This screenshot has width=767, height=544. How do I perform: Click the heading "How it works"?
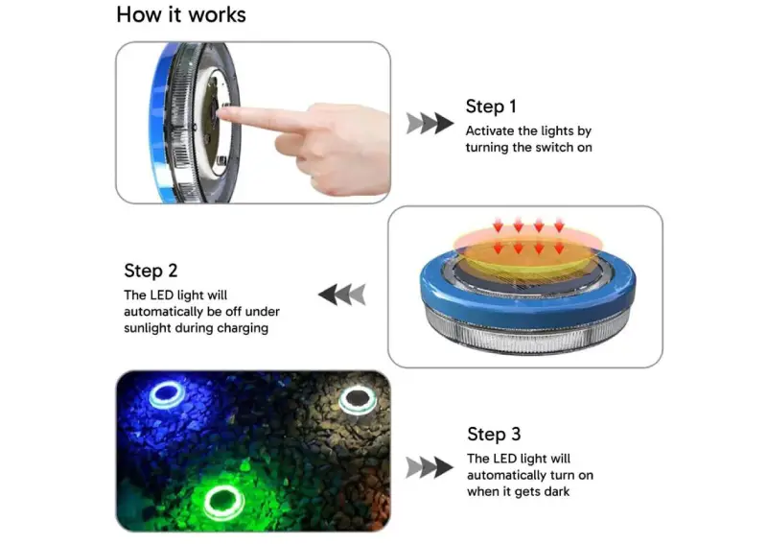pyautogui.click(x=181, y=14)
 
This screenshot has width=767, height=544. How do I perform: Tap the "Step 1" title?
pyautogui.click(x=491, y=106)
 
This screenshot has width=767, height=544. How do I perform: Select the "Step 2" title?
pyautogui.click(x=151, y=271)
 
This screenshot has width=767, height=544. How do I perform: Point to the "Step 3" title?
pyautogui.click(x=494, y=434)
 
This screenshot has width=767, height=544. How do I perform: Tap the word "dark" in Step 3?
pyautogui.click(x=556, y=491)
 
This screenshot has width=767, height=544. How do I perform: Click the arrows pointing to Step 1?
pyautogui.click(x=430, y=123)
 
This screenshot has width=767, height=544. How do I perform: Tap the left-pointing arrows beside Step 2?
pyautogui.click(x=342, y=295)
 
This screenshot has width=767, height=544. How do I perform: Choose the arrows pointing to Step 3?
pyautogui.click(x=430, y=467)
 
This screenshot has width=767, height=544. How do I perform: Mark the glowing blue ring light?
pyautogui.click(x=151, y=398)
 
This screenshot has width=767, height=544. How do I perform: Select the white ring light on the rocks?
pyautogui.click(x=341, y=400)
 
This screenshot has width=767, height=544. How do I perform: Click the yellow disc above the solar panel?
pyautogui.click(x=528, y=257)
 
